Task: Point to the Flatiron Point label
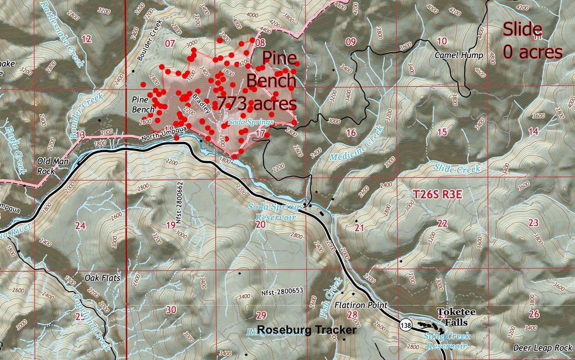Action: (361, 305)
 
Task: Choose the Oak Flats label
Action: (102, 278)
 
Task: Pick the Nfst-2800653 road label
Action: (283, 291)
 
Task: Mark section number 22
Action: (442, 223)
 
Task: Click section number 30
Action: (171, 310)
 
